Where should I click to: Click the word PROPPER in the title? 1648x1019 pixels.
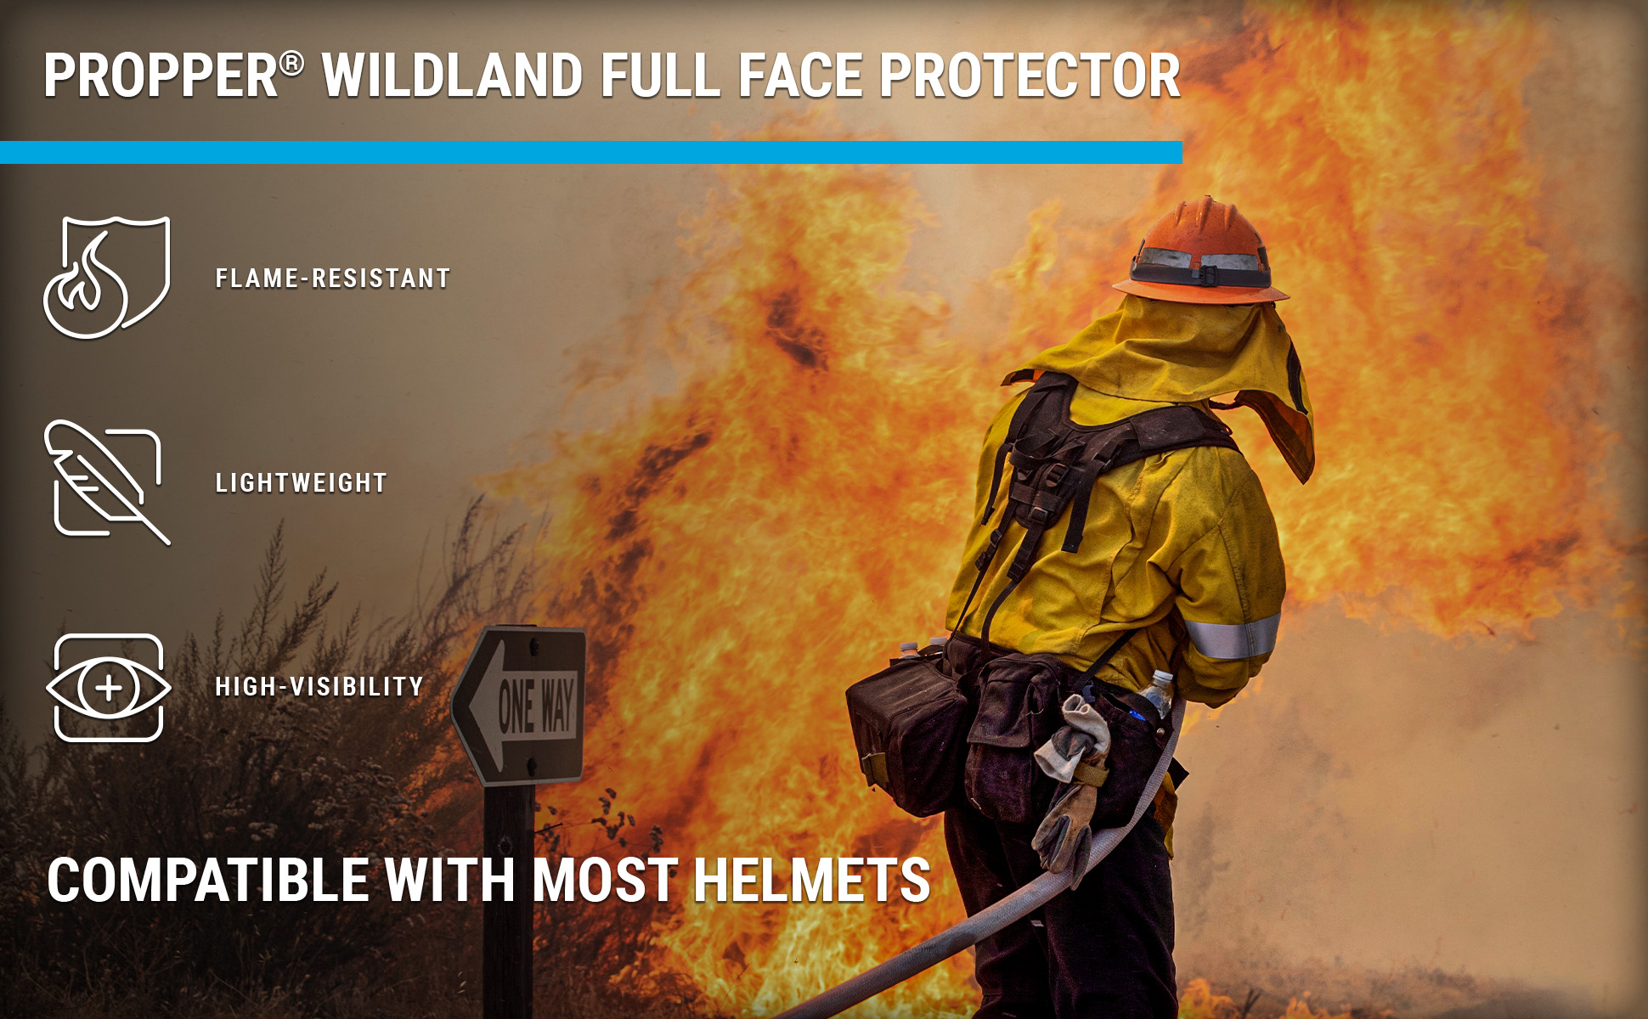coord(161,76)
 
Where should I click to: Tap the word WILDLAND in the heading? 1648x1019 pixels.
coord(452,76)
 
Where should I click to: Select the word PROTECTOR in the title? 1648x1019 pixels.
coord(1030,76)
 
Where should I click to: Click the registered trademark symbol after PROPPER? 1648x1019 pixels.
coord(291,64)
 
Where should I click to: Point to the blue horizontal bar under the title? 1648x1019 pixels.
coord(591,152)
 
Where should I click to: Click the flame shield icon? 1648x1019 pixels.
coord(107,277)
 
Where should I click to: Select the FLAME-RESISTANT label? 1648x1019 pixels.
coord(332,279)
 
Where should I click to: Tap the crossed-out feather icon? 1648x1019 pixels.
coord(107,481)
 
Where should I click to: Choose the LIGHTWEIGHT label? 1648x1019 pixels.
coord(302,483)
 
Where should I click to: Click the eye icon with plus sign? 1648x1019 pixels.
coord(108,688)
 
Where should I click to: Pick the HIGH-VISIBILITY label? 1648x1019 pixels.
coord(319,686)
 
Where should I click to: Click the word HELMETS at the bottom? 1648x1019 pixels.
coord(812,880)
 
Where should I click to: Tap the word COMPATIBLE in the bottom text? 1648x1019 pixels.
coord(208,880)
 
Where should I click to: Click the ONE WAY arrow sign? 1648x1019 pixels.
coord(520,705)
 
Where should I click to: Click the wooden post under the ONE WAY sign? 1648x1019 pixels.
coord(508,901)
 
